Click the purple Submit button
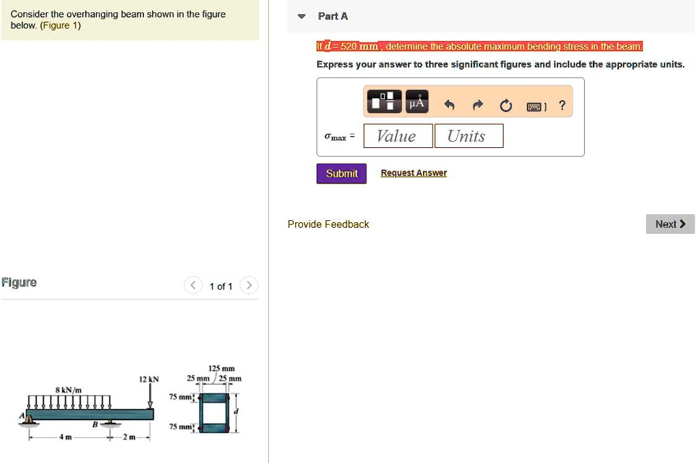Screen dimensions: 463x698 [x=341, y=173]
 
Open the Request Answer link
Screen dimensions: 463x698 [x=413, y=173]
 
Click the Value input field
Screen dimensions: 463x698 [x=398, y=136]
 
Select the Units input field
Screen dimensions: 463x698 [x=468, y=136]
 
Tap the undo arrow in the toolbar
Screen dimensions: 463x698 [x=449, y=106]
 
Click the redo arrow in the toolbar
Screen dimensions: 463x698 [x=478, y=106]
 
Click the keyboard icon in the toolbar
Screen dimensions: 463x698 [x=534, y=106]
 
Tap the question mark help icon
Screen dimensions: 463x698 [x=562, y=105]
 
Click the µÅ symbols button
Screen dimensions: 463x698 [x=416, y=102]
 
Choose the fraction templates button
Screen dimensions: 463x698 [x=385, y=102]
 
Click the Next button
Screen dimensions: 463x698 [x=669, y=224]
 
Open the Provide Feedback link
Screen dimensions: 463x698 [x=328, y=224]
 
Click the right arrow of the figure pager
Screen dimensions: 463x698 [x=250, y=285]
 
